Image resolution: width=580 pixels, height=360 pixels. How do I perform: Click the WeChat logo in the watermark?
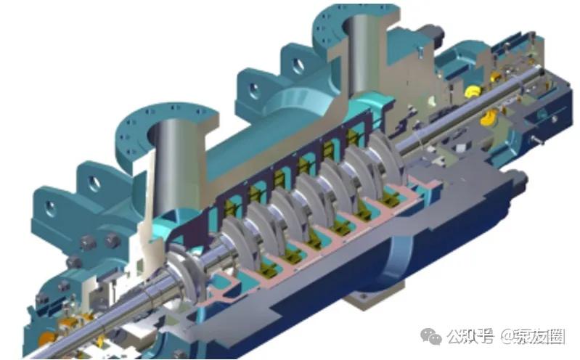pyautogui.click(x=431, y=337)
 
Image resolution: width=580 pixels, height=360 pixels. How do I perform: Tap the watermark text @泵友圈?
pyautogui.click(x=533, y=336)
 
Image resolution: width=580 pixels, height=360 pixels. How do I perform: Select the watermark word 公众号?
pyautogui.click(x=470, y=336)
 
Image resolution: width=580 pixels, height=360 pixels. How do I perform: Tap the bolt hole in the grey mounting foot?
pyautogui.click(x=364, y=296)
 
